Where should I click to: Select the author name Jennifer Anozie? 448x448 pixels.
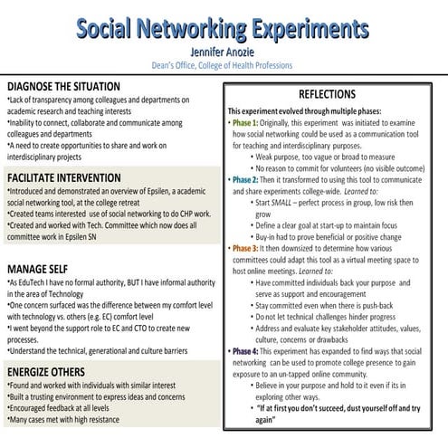[x=224, y=52]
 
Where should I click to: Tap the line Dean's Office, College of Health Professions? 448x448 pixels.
[x=224, y=65]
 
